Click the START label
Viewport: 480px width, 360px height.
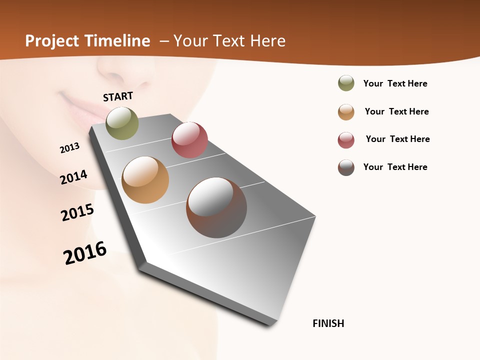coord(118,96)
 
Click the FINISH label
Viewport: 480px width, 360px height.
coord(328,323)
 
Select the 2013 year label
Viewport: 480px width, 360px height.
coord(69,148)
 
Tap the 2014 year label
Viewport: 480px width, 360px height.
coord(73,177)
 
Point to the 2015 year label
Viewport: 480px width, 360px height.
coord(77,212)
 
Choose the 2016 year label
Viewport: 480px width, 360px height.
coord(85,252)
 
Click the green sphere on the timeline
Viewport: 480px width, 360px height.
coord(122,123)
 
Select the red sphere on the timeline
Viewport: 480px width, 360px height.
coord(189,140)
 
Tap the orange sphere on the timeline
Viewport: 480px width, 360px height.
coord(145,180)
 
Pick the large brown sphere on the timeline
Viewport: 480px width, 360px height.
coord(216,207)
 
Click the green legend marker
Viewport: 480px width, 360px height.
coord(346,83)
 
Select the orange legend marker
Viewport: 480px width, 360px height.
coord(346,112)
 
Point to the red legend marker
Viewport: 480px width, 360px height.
coord(346,140)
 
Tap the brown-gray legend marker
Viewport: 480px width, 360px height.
coord(346,167)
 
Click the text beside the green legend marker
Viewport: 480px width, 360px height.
coord(395,83)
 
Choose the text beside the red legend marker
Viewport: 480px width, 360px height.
coord(397,139)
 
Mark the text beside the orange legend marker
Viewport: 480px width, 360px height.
coord(396,111)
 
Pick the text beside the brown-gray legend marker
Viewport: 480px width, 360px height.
coord(395,167)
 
